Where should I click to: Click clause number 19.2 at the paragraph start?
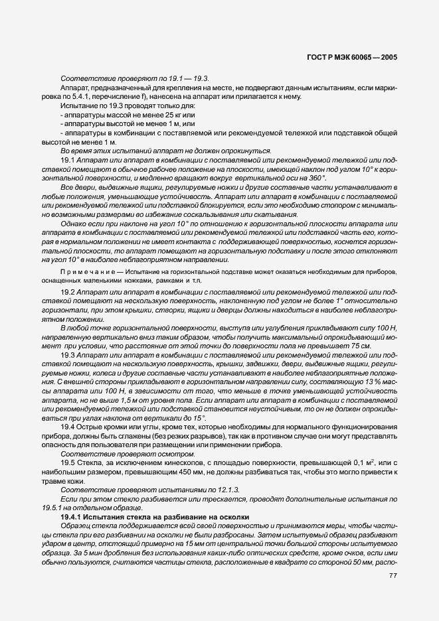click(x=68, y=291)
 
